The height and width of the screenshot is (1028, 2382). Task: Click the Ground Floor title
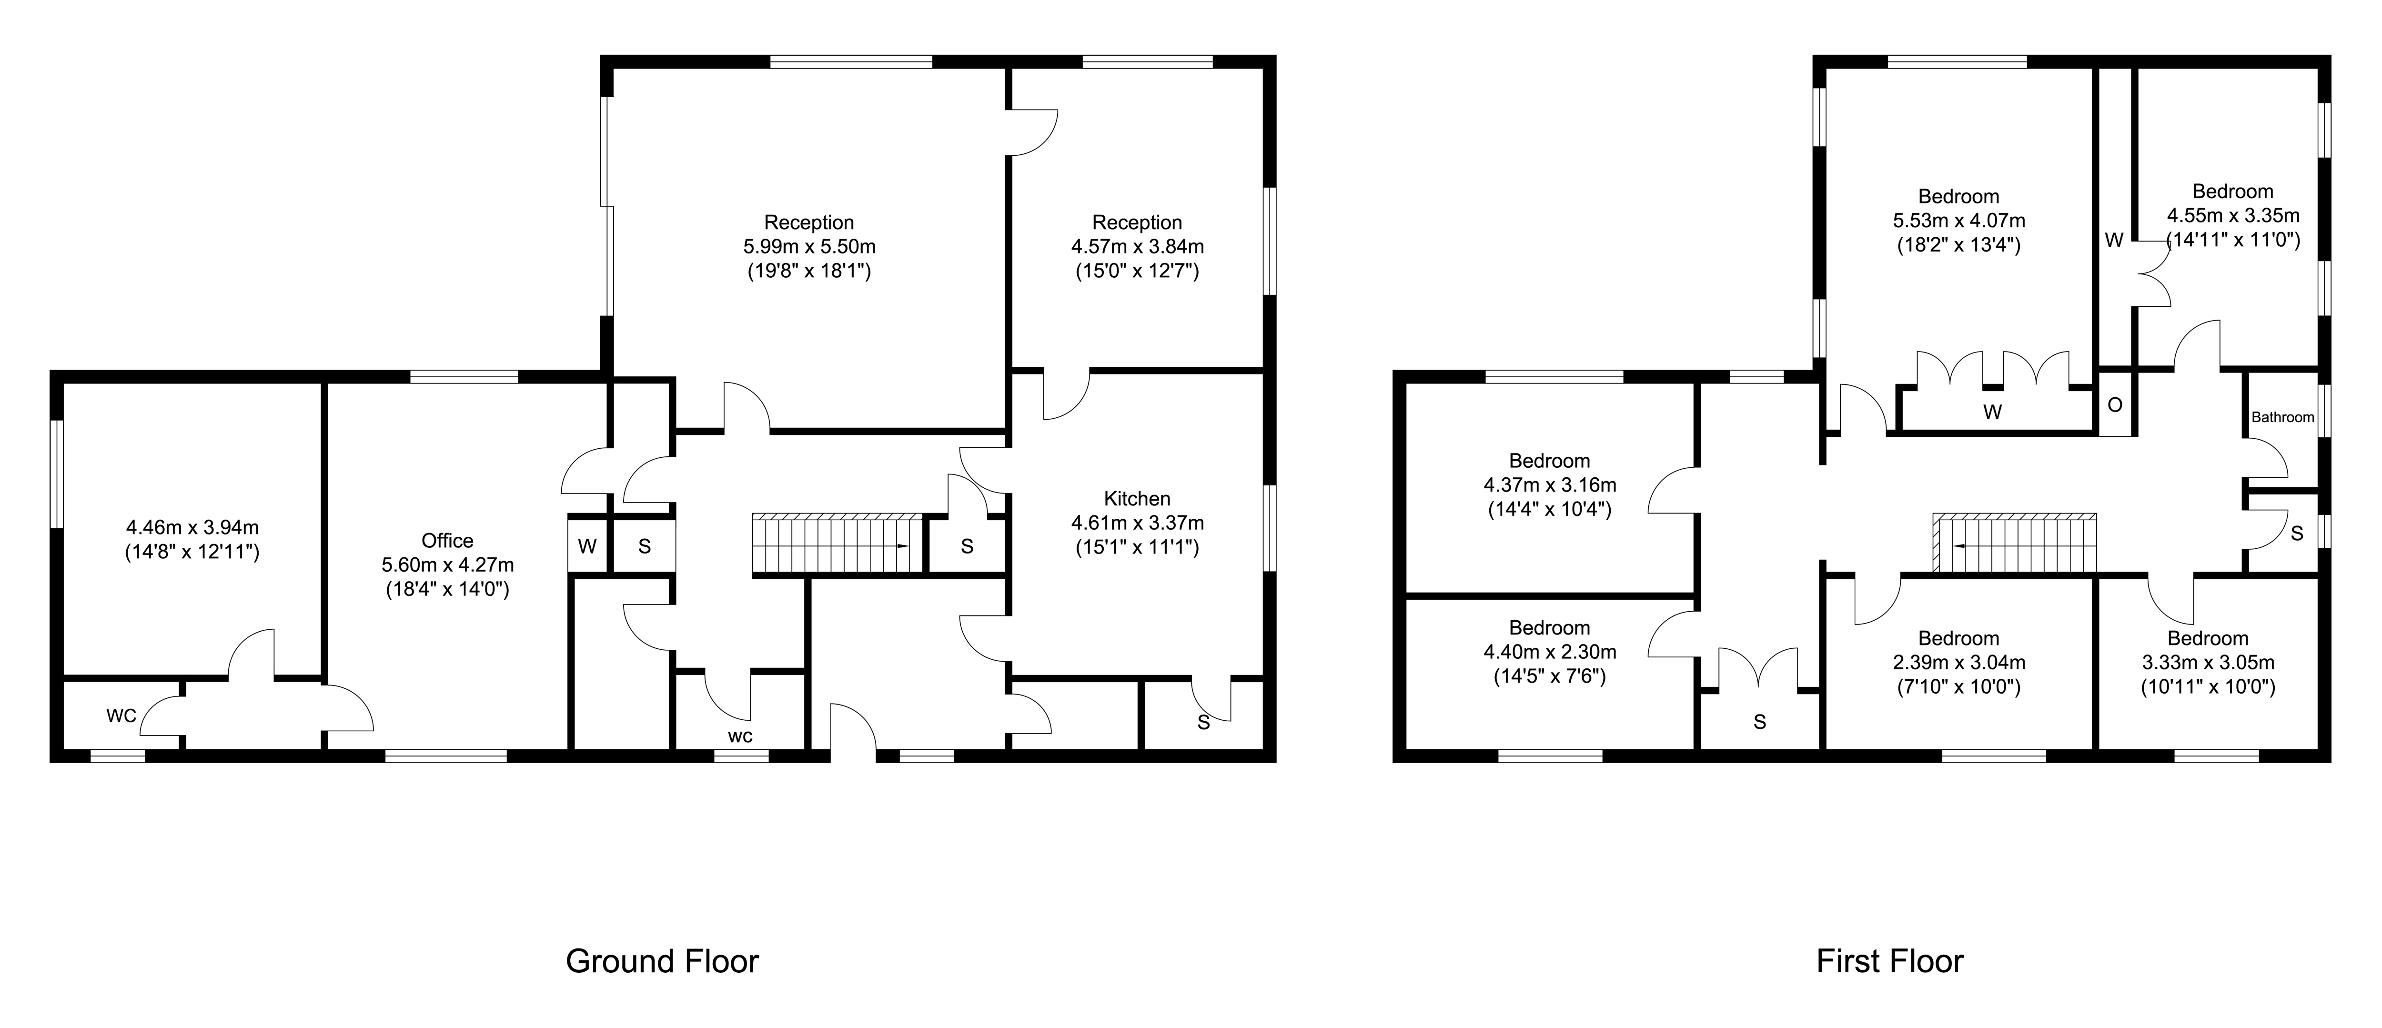662,961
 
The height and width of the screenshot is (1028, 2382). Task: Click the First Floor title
1889,961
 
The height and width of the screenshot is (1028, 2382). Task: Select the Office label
447,541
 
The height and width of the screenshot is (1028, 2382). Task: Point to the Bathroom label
2282,417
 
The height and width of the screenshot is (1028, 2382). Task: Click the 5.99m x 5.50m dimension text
809,247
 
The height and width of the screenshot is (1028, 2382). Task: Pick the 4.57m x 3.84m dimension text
1137,247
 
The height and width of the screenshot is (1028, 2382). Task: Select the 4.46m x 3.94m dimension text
192,528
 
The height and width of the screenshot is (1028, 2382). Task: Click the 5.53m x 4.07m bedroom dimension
1958,221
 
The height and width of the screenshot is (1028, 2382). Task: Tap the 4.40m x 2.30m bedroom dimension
1550,652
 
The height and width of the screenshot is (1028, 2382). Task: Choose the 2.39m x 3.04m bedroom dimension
1958,662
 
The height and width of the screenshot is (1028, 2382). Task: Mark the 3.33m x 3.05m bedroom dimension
2208,662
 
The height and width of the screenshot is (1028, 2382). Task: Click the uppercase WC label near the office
121,716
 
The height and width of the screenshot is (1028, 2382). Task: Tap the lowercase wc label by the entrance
741,737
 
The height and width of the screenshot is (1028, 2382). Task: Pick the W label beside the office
587,546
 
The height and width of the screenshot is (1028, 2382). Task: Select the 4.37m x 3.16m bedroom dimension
1550,484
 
